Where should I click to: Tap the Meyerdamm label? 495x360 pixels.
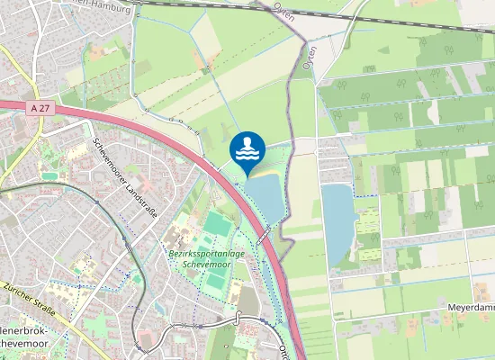(472, 308)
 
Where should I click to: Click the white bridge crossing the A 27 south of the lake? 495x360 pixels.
(263, 236)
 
